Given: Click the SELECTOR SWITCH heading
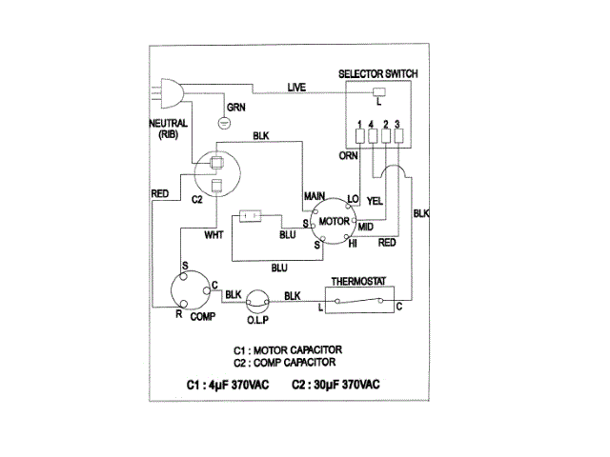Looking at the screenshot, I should click(x=379, y=73).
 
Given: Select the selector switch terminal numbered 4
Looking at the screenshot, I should click(x=372, y=136).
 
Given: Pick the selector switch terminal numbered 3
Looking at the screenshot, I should click(x=396, y=136).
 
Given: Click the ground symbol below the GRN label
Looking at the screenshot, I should click(x=226, y=123).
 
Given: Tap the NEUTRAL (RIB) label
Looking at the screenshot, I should click(x=171, y=129).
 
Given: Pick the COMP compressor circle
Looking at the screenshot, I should click(x=190, y=291).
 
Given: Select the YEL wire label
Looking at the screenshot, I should click(x=376, y=201).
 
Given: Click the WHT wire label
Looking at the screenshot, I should click(x=214, y=233).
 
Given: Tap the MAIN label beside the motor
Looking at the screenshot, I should click(x=315, y=195).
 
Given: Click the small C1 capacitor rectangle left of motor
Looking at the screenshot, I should click(x=252, y=216).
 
